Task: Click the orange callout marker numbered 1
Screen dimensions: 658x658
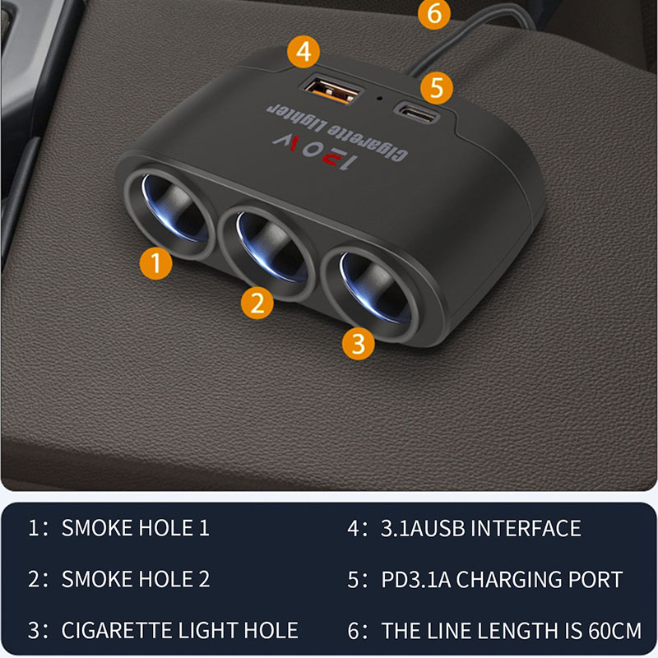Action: coord(155,264)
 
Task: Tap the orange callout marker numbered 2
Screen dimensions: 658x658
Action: coord(257,304)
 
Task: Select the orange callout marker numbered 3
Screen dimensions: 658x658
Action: coord(358,342)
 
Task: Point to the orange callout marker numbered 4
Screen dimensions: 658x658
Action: coord(304,53)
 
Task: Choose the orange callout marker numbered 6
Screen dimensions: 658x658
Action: coord(435,14)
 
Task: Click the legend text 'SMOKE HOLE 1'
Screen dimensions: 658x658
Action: coord(136,528)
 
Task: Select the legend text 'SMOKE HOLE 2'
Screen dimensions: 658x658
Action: coord(136,579)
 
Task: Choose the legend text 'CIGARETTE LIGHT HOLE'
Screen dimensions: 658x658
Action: coord(179,631)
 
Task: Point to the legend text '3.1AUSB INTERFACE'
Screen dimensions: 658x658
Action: coord(481,528)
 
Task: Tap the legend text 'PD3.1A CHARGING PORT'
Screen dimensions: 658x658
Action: coord(502,579)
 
